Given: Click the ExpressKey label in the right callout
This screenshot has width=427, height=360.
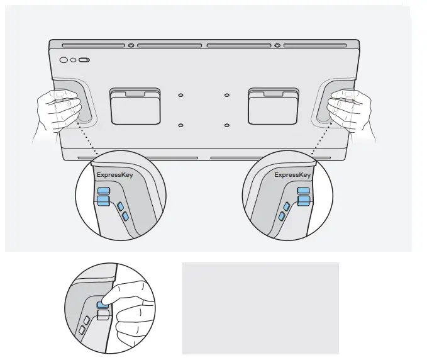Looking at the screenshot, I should (292, 174).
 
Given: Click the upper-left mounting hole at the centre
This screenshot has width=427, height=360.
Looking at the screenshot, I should (180, 95).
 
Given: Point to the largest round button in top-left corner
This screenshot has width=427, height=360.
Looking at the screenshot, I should (64, 60).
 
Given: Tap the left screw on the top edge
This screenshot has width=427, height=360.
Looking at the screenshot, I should (131, 46).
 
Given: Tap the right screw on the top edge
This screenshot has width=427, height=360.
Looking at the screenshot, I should (277, 46).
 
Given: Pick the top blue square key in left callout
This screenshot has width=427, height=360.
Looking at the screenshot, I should (104, 189).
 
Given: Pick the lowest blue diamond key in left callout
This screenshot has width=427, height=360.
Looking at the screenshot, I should (126, 216).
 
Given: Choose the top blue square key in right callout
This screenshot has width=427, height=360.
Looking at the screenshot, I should (304, 189).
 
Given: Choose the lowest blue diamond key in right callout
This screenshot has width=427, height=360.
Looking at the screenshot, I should (282, 216).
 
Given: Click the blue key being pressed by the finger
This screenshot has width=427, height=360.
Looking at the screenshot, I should (101, 303).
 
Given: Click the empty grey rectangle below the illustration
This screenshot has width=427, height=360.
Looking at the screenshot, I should (260, 308).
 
